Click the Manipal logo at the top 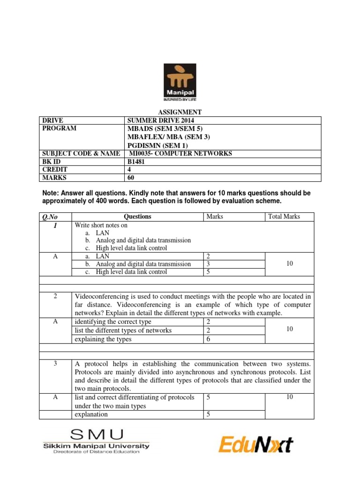tap(180, 82)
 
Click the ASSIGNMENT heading tap(180, 112)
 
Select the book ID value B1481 tap(138, 162)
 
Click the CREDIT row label tap(54, 169)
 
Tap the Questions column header tap(137, 217)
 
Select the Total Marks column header tap(284, 217)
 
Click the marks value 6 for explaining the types tap(209, 339)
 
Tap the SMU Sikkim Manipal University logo tap(97, 441)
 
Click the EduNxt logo tap(255, 443)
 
